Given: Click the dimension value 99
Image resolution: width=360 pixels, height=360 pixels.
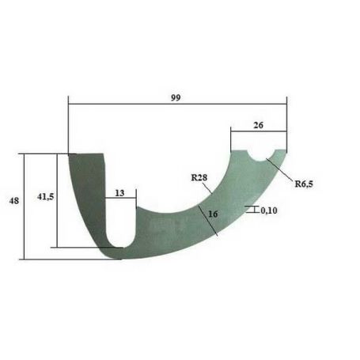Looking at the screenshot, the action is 176,97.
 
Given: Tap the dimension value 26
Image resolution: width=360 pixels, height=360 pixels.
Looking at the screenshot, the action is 259,125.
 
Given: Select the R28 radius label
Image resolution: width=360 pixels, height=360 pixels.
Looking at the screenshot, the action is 199,177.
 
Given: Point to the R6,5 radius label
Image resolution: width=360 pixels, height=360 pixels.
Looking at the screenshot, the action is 304,184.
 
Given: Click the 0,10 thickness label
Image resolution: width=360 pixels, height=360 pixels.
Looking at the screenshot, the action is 269,210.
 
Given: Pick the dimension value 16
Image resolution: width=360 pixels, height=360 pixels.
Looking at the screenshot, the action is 213,214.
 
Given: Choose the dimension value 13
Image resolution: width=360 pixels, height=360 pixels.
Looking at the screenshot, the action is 119,193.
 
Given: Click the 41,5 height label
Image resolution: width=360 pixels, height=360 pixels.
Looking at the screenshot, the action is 46,196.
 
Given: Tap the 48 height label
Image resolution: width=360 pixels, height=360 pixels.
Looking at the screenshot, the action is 14,201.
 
